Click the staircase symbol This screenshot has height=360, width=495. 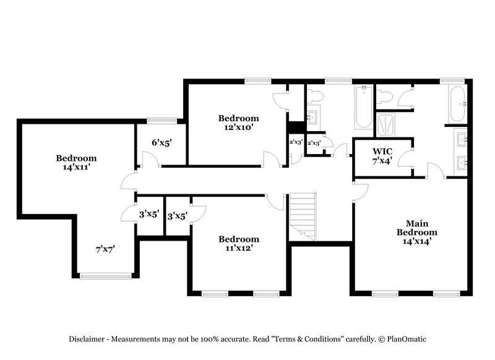[303, 216]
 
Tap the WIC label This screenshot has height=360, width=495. [382, 152]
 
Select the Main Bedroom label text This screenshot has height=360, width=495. [416, 228]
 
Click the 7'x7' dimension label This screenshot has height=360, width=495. [105, 249]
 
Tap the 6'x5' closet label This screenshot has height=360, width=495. [161, 142]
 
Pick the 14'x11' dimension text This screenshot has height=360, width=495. [76, 166]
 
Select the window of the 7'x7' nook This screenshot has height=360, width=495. [105, 274]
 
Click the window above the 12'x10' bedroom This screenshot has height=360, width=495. [257, 80]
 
